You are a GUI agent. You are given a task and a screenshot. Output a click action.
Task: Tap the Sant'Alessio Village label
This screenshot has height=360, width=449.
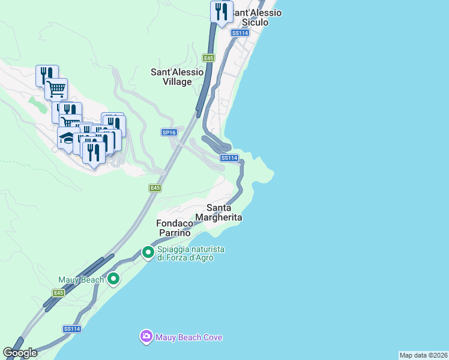(x=179, y=77)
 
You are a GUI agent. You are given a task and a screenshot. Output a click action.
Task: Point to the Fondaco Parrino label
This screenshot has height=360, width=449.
(x=175, y=227)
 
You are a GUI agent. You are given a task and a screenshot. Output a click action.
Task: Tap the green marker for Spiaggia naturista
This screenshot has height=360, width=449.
(x=148, y=253)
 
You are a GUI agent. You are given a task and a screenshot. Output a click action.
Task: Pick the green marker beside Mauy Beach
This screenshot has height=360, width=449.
(x=112, y=279)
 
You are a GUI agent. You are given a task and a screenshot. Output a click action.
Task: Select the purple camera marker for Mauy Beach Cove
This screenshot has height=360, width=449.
(x=146, y=337)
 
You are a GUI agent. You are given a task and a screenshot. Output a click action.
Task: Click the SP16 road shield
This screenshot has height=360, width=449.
(x=169, y=133)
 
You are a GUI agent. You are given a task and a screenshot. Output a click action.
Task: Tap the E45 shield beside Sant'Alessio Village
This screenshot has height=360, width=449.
(x=208, y=58)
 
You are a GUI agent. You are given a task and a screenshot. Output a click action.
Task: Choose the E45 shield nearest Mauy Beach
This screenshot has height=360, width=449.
(x=58, y=293)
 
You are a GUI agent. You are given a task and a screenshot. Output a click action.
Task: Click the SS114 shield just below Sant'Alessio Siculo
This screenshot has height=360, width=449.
(x=240, y=33)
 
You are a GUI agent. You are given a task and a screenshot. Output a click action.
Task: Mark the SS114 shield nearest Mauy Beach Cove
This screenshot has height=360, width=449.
(x=71, y=329)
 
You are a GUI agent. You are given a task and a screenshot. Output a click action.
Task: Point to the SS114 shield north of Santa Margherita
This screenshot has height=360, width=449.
(x=229, y=158)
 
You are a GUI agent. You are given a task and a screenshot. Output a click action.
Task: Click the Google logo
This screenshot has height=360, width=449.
(x=20, y=352)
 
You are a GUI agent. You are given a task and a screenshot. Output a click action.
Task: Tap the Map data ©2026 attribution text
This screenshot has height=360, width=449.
(x=423, y=355)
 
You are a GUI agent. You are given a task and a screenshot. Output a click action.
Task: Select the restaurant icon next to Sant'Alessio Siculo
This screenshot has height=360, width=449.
(x=221, y=12)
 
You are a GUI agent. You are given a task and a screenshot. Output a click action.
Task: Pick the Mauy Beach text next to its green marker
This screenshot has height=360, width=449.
(x=81, y=280)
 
